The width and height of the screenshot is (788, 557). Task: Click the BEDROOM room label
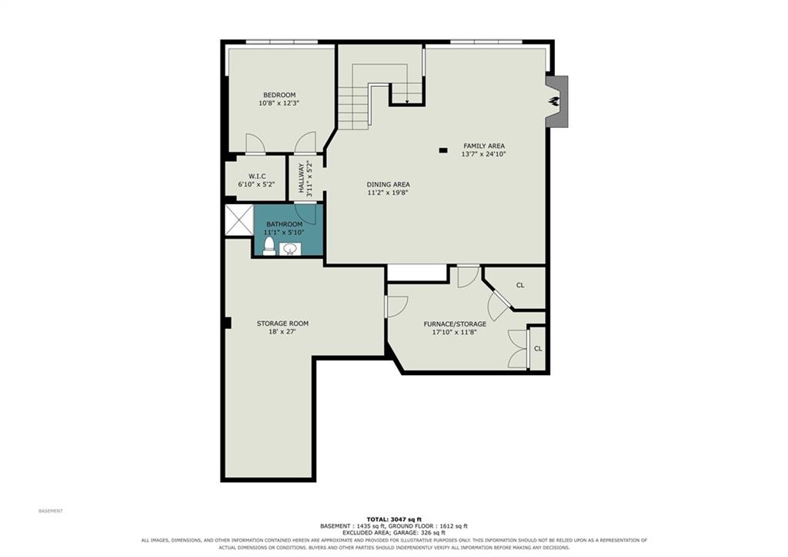click(279, 95)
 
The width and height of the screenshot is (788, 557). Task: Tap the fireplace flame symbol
click(554, 101)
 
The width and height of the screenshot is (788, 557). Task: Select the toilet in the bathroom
click(269, 247)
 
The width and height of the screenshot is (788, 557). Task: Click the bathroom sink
click(290, 249)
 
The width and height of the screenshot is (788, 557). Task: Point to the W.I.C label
click(257, 176)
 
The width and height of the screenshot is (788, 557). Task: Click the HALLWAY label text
click(302, 178)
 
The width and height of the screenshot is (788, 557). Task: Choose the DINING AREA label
click(388, 184)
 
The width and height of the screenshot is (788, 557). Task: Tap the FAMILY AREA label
click(484, 146)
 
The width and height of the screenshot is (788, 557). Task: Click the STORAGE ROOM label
click(282, 324)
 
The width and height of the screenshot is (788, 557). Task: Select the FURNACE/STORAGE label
click(455, 324)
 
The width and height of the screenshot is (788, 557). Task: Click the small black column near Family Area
click(442, 150)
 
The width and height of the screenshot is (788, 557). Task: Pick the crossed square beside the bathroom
click(239, 220)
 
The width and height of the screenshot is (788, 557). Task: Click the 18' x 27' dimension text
click(282, 331)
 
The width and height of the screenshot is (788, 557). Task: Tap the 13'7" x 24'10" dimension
click(483, 155)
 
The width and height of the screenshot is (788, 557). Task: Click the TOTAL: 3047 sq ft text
click(394, 518)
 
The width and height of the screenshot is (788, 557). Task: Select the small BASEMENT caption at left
click(51, 511)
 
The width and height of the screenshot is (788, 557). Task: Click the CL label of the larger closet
click(520, 285)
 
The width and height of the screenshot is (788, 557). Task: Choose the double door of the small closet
click(518, 349)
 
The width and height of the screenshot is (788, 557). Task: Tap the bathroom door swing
click(305, 213)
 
